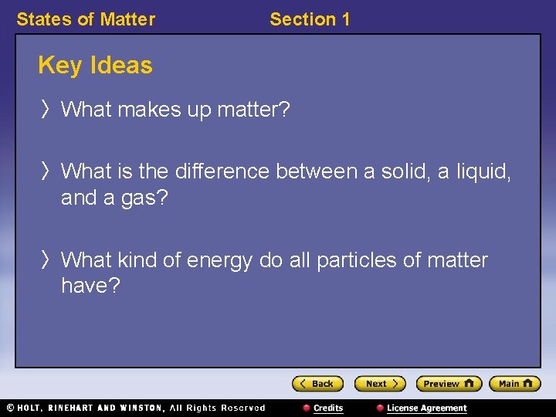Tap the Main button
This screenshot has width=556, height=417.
click(514, 384)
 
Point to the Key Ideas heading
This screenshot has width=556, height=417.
click(95, 66)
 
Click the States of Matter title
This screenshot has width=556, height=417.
click(86, 19)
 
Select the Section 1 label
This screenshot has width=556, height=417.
click(310, 19)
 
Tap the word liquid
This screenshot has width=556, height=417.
click(482, 171)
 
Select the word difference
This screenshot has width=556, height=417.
click(220, 171)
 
